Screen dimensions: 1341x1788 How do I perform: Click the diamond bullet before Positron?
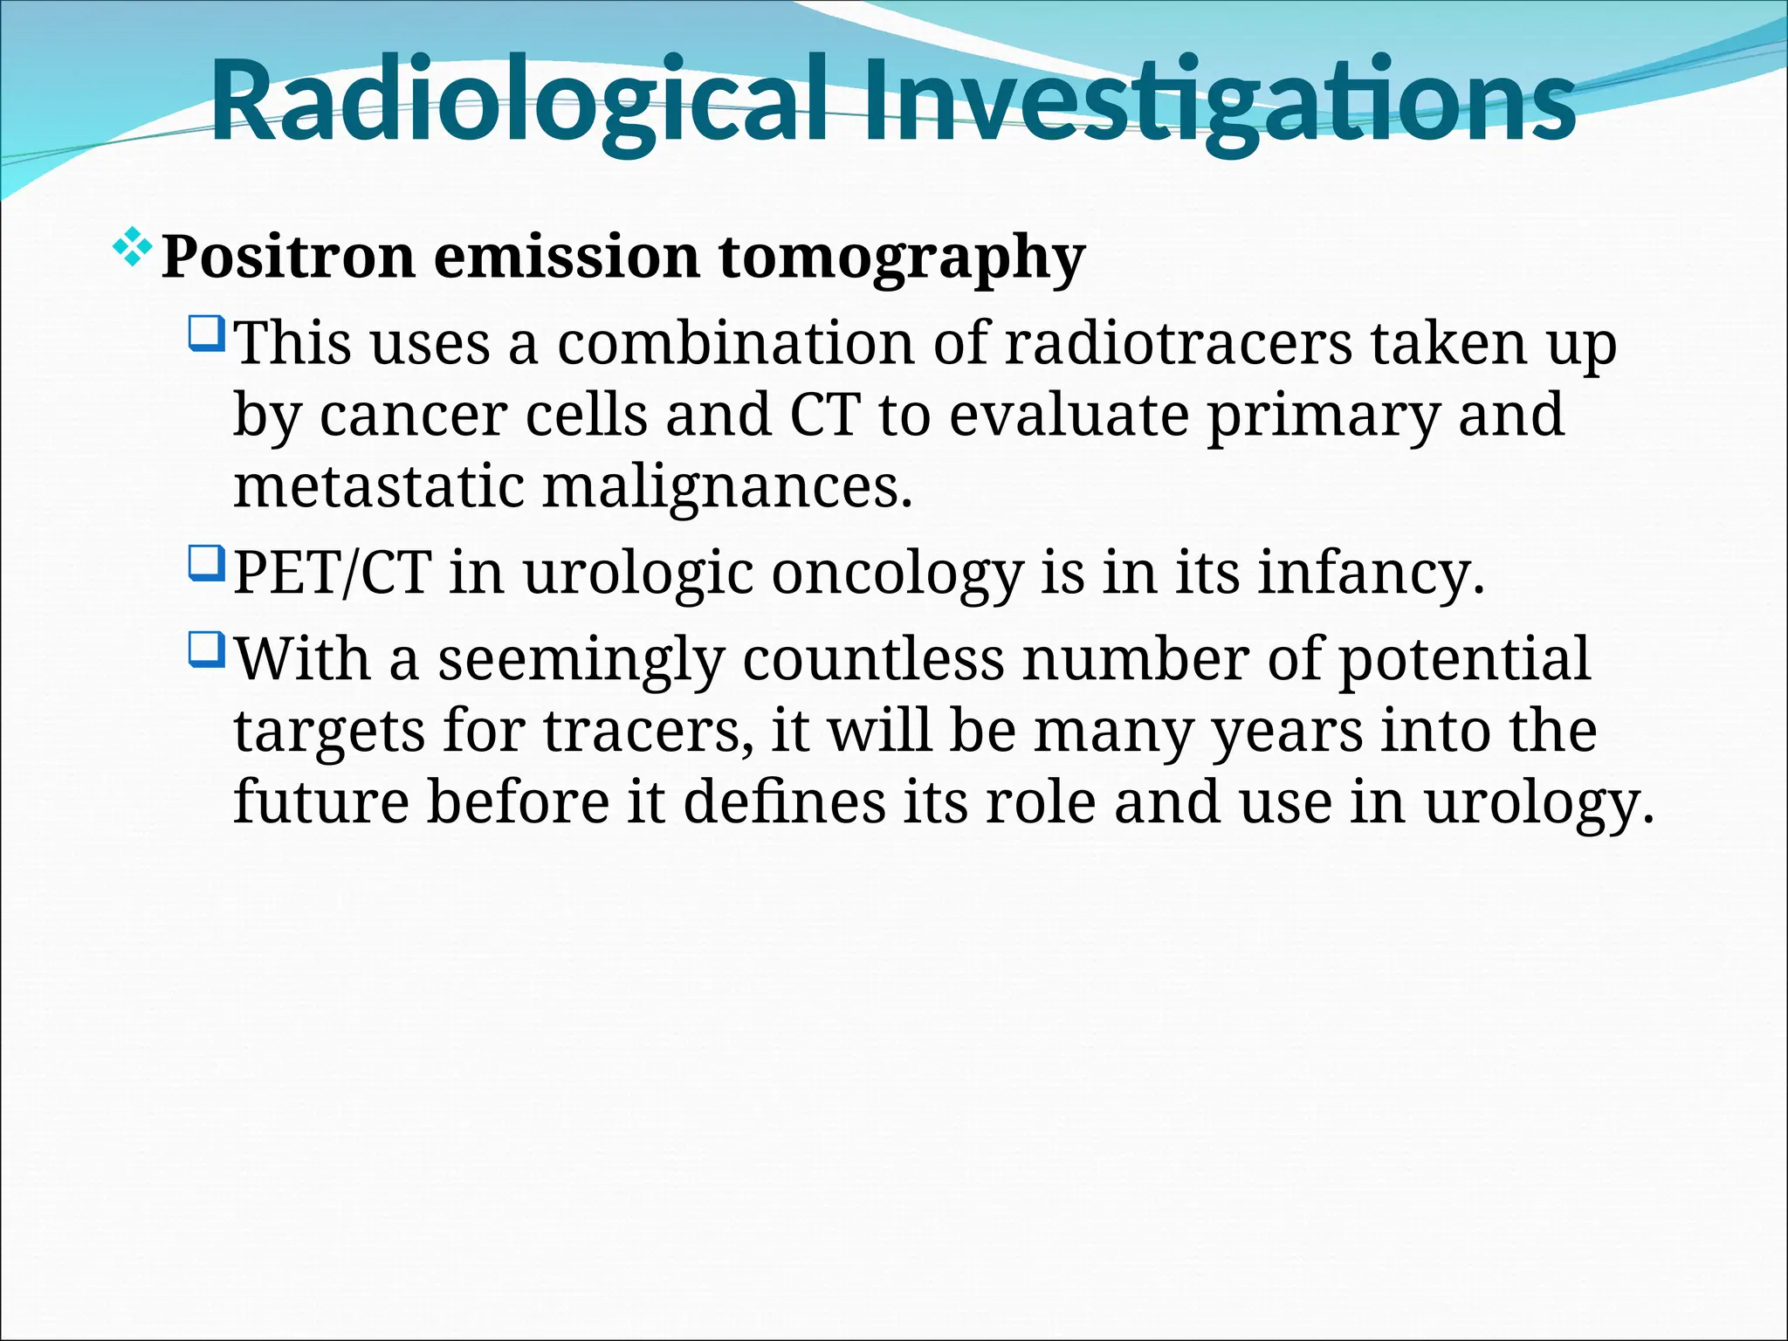[x=132, y=247]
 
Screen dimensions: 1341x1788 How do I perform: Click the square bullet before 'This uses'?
[x=207, y=334]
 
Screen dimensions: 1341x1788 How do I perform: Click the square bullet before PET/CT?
[x=207, y=563]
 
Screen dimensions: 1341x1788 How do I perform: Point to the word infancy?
[x=1371, y=574]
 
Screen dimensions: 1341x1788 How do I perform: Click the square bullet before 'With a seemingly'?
[x=207, y=650]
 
